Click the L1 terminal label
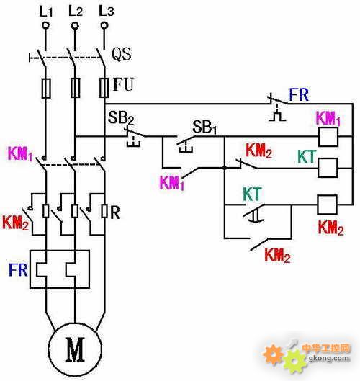46,12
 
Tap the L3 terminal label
107,11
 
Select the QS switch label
122,54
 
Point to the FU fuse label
123,84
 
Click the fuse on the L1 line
46,88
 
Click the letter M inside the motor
75,349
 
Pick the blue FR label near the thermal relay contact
299,94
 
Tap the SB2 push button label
121,118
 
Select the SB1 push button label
204,127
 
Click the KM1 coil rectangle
328,137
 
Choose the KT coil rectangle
328,168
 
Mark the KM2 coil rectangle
327,205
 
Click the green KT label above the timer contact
253,194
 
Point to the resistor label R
115,213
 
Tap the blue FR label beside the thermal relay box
18,270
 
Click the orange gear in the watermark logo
274,354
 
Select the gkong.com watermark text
328,358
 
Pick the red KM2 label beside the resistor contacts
15,223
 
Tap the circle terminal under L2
75,25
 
